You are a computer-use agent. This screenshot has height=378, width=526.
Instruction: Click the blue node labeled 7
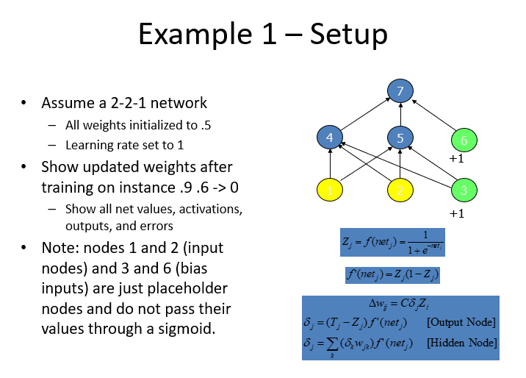coord(400,91)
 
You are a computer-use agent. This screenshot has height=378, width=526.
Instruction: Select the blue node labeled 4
coord(330,138)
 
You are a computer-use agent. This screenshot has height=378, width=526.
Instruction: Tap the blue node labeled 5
coord(400,138)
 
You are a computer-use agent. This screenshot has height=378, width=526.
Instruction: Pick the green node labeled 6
coord(464,140)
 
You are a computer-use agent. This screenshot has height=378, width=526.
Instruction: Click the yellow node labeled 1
coord(330,190)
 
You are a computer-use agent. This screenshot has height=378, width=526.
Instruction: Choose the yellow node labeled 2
coord(400,190)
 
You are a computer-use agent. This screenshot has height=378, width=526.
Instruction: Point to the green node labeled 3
coord(464,190)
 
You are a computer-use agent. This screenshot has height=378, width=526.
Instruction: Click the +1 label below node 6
coord(456,158)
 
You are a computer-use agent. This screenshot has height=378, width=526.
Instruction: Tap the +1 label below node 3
coord(456,213)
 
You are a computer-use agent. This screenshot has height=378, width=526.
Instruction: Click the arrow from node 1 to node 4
coord(330,164)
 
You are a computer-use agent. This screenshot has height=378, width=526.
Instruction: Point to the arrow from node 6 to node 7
coord(434,115)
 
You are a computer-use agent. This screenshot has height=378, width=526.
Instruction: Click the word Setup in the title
coord(348,35)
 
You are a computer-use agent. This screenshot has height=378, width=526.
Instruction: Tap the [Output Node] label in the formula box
coord(461,322)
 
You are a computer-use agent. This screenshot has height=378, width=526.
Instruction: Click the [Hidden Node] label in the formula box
coord(461,343)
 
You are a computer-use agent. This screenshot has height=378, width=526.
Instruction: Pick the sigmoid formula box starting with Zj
coord(392,243)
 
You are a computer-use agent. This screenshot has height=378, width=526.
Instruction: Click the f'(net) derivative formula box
coord(392,275)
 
